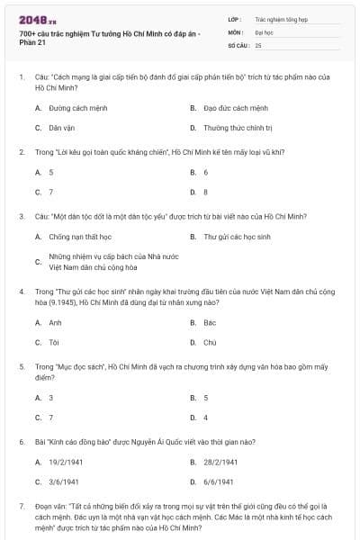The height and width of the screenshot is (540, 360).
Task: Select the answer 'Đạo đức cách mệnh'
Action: pyautogui.click(x=236, y=107)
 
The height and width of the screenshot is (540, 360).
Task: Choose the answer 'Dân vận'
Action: pyautogui.click(x=61, y=128)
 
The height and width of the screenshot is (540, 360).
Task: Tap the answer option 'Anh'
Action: pyautogui.click(x=55, y=322)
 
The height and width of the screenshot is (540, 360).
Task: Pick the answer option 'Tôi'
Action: pyautogui.click(x=54, y=343)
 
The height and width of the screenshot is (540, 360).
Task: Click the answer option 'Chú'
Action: pyautogui.click(x=210, y=343)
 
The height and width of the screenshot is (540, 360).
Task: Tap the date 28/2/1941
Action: pyautogui.click(x=220, y=462)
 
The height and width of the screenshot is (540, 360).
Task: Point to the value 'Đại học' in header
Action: pyautogui.click(x=264, y=31)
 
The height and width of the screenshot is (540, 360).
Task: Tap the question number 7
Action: pyautogui.click(x=21, y=506)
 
